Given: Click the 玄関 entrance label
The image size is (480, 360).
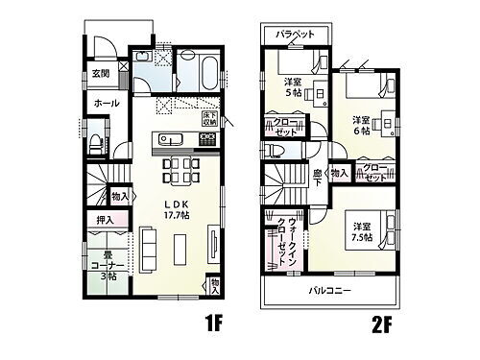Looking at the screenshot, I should [100, 73].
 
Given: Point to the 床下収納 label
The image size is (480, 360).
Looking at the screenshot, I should [208, 120].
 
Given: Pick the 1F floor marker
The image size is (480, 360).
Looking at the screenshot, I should [213, 324].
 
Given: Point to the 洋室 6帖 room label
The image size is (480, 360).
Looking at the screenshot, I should [362, 126].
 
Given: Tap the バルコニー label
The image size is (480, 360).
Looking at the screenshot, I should [329, 290].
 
